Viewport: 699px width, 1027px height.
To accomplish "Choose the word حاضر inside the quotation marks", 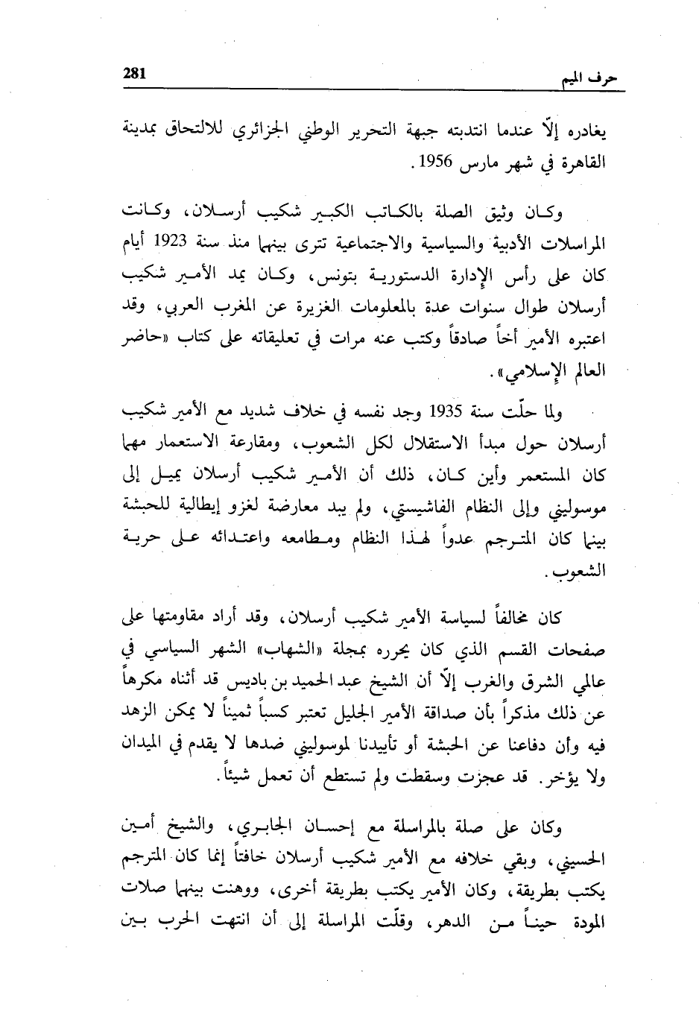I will [x=142, y=337].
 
